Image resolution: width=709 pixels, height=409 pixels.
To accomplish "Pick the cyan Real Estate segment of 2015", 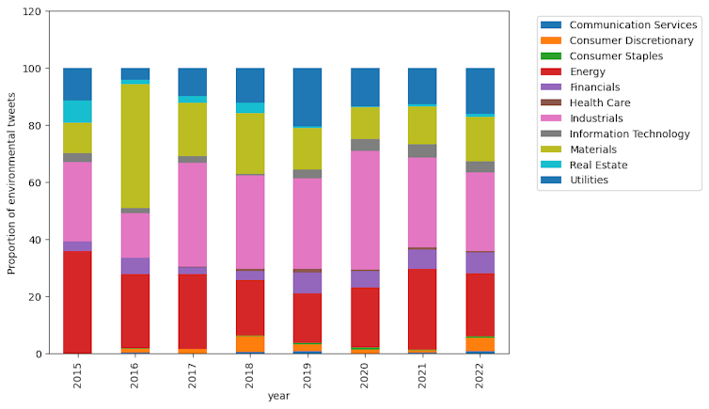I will click(x=77, y=111).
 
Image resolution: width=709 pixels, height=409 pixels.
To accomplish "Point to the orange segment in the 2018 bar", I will click(x=250, y=343).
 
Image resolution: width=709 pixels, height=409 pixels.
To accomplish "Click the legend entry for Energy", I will click(x=588, y=71).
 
